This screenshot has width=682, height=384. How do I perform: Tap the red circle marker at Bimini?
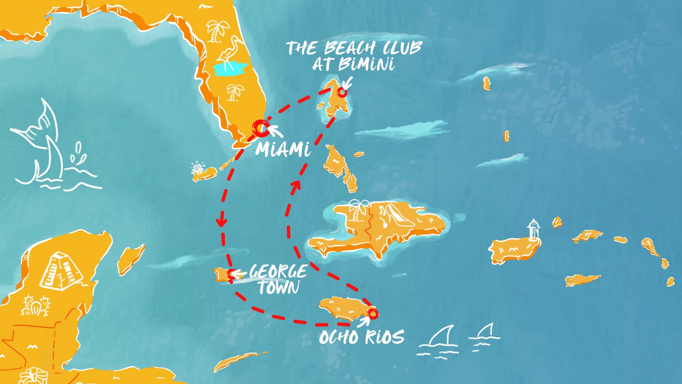[342, 92]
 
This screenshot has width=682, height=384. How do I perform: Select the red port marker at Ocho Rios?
[373, 314]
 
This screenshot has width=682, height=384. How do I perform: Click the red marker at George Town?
[231, 274]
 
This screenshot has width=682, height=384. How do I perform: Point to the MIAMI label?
[283, 149]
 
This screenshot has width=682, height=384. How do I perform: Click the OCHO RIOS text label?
[361, 337]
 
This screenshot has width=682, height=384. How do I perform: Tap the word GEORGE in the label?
[278, 271]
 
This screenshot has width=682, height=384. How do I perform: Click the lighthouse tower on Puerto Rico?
[533, 230]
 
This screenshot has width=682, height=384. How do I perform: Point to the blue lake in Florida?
[231, 69]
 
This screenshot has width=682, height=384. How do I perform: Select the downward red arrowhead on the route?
[221, 222]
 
